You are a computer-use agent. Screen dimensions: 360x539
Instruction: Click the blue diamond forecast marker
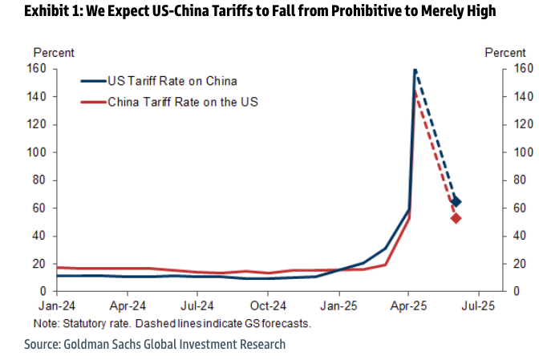456,202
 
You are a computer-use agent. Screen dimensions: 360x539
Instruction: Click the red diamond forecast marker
456,218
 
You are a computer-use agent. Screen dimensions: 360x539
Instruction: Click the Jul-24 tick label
197,305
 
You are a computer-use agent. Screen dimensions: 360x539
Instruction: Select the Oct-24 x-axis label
268,305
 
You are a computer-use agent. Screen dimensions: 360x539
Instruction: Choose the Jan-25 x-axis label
338,305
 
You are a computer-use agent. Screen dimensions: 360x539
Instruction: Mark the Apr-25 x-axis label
408,305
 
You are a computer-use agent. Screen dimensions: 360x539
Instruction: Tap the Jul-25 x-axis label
479,305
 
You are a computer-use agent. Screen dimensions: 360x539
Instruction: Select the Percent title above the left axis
54,53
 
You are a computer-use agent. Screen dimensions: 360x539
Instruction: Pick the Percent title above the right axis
505,53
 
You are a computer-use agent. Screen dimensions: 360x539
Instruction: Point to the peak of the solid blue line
414,70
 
